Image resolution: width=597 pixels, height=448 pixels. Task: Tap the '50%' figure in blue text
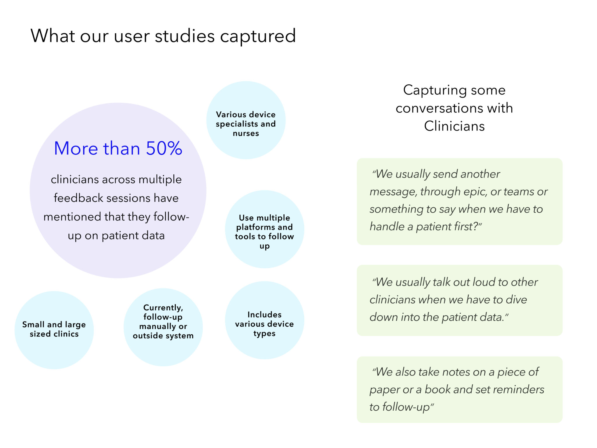pos(164,148)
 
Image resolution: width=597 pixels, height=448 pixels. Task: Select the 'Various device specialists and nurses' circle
pos(246,120)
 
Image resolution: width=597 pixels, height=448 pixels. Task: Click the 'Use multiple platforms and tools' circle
pos(264,229)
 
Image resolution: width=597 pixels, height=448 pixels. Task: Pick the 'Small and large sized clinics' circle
pos(54,330)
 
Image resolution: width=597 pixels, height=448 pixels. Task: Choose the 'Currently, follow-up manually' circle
pos(163,327)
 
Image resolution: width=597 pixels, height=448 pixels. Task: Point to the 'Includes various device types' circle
pos(264,320)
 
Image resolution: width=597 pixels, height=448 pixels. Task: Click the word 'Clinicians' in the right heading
pos(454,126)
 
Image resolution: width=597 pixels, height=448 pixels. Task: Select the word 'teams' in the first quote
pos(519,192)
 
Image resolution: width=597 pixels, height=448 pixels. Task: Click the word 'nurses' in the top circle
pos(246,134)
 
